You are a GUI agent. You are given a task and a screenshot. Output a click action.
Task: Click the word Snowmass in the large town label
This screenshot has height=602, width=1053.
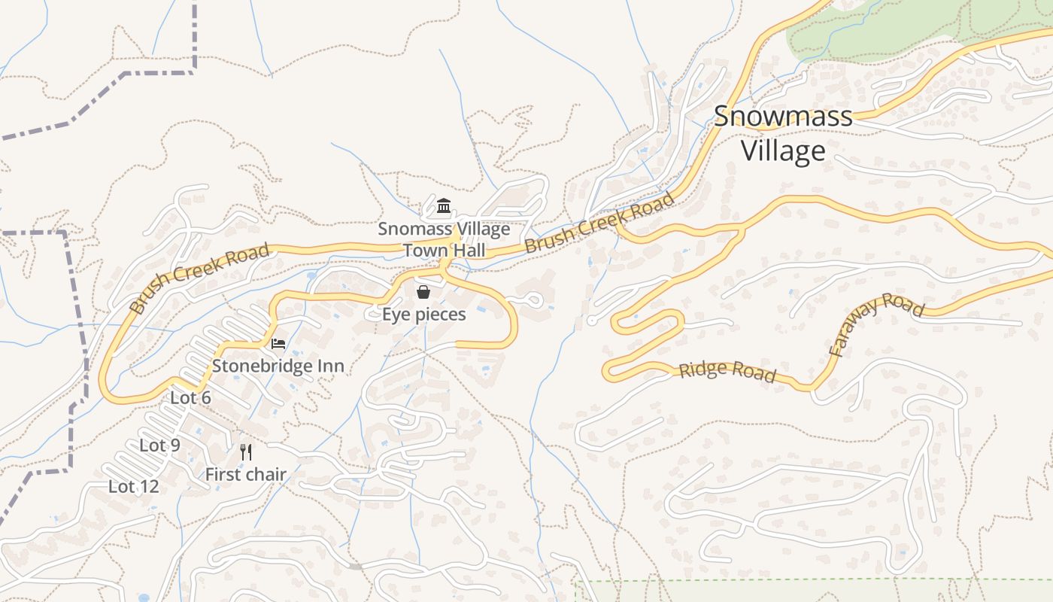tap(783, 117)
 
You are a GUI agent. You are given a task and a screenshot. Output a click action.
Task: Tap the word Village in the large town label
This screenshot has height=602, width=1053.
tap(783, 150)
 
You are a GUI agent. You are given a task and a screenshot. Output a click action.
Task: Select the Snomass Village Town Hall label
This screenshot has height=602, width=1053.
tap(444, 239)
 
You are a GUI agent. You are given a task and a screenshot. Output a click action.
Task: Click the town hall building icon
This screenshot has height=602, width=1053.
tap(444, 206)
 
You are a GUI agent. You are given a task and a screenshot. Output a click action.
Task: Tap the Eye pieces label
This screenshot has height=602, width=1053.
tap(423, 315)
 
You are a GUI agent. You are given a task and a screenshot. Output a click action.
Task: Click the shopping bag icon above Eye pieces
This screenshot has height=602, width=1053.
tap(423, 292)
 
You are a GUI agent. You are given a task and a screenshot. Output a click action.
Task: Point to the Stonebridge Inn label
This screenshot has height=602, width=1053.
tap(278, 366)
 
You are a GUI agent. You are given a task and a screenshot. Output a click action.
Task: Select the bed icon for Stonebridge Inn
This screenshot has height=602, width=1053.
tap(278, 344)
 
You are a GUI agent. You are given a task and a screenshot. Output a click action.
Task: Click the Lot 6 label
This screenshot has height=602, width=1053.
tap(190, 398)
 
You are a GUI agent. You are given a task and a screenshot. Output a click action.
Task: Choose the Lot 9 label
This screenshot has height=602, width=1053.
tap(159, 445)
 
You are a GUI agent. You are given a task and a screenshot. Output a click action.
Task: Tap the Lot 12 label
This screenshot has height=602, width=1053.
tap(134, 487)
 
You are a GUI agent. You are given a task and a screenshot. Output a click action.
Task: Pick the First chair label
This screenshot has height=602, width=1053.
tap(246, 475)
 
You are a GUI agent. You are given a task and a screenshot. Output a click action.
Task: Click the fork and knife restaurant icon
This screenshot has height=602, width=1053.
tap(245, 452)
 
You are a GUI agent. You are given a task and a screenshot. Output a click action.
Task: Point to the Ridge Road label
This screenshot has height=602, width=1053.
tap(727, 372)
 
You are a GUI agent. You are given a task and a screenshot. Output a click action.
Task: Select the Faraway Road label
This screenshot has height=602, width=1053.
tap(875, 324)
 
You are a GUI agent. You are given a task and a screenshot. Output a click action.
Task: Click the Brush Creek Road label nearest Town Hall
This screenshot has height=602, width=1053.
tap(599, 223)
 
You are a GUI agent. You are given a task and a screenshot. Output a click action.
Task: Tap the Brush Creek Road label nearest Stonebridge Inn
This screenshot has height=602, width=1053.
tap(199, 278)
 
